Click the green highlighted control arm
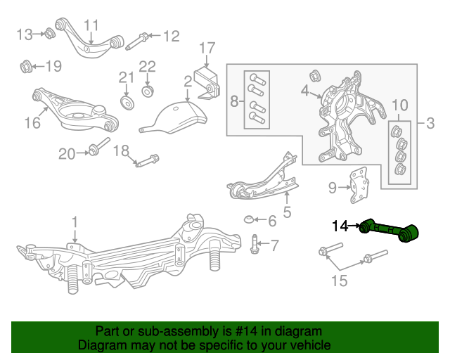389,231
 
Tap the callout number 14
340,226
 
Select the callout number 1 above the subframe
75,223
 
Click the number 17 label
206,48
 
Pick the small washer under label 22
148,91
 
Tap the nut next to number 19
25,67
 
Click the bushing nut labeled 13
50,32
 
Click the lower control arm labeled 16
77,112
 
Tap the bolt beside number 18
146,161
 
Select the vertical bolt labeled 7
255,245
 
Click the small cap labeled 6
250,221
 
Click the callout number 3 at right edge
430,124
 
